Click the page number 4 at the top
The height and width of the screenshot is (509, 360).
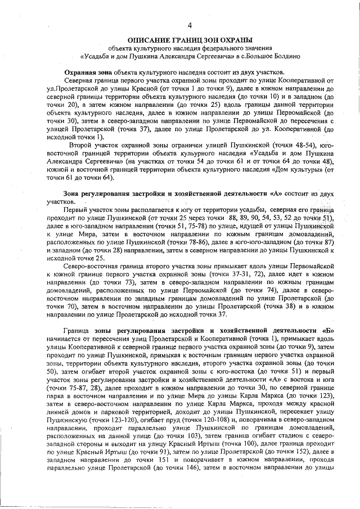pos(190,25)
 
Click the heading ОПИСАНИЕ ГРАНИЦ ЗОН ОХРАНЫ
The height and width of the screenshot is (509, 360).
pos(190,40)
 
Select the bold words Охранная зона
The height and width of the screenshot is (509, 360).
pos(88,73)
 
